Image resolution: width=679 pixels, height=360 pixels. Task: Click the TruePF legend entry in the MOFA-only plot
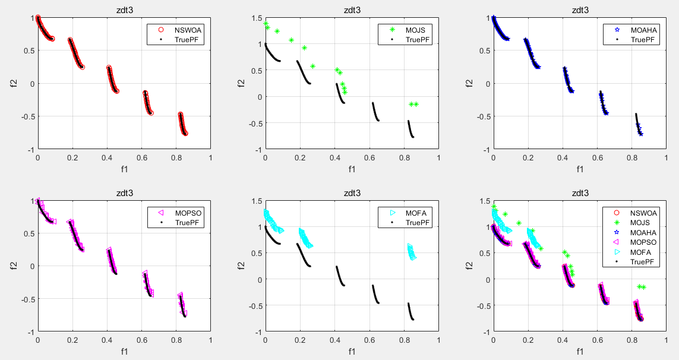pyautogui.click(x=416, y=222)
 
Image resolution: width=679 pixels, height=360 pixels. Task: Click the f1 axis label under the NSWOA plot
pyautogui.click(x=124, y=169)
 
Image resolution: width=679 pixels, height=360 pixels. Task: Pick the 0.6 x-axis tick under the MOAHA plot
pyautogui.click(x=597, y=158)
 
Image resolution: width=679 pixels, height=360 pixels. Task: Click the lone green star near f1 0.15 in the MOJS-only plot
pyautogui.click(x=291, y=40)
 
